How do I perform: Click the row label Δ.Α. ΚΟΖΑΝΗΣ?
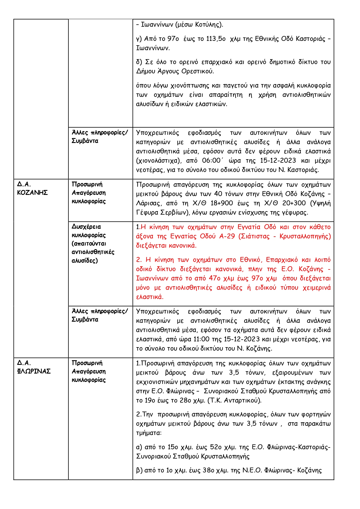[32, 188]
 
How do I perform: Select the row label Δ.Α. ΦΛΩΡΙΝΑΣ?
[34, 367]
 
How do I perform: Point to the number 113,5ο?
[216, 39]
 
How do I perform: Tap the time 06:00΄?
[213, 160]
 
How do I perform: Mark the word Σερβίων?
[173, 212]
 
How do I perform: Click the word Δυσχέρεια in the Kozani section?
[86, 227]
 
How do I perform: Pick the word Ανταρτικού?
[243, 400]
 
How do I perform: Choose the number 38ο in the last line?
[208, 470]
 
